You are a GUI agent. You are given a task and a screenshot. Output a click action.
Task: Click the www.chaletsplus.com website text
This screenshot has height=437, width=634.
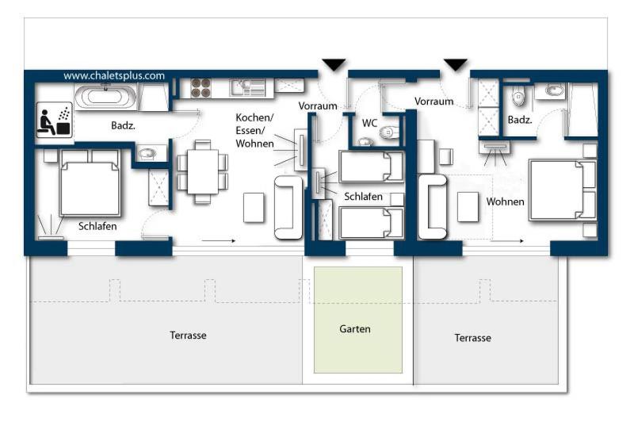click(x=114, y=75)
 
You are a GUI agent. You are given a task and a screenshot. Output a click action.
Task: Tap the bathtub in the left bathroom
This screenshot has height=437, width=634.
click(x=106, y=97)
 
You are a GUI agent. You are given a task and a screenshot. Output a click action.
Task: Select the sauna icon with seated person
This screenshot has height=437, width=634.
click(x=54, y=120)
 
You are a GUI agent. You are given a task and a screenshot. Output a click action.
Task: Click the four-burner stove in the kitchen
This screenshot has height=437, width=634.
click(x=201, y=88)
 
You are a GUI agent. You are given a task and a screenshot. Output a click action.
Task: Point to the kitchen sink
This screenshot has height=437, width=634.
click(x=248, y=87)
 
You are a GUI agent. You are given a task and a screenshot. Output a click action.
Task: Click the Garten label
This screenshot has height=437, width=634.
click(x=355, y=329)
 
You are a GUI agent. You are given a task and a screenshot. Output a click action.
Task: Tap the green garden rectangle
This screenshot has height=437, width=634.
click(x=358, y=320)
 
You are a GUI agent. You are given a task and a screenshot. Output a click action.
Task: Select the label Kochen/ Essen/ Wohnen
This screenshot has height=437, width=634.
click(x=254, y=131)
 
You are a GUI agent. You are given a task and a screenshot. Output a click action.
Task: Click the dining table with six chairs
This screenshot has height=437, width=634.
click(x=203, y=171)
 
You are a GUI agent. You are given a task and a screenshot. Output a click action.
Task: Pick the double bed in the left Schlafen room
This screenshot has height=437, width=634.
click(x=90, y=183)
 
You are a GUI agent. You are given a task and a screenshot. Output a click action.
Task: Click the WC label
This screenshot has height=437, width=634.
click(x=369, y=123)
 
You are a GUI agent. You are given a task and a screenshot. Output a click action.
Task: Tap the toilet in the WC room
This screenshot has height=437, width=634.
click(x=389, y=132)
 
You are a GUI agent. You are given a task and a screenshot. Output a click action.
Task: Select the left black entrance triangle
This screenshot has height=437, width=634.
click(x=334, y=64)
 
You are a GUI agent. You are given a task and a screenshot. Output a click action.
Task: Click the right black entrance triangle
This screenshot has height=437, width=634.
click(x=456, y=64)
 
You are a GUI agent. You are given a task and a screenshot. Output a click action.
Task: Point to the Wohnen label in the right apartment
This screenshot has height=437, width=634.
click(x=505, y=201)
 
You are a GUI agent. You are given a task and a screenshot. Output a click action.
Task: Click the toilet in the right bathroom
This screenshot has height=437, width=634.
click(x=518, y=96)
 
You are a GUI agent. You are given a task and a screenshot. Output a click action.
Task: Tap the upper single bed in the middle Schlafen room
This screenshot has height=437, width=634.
click(x=371, y=167)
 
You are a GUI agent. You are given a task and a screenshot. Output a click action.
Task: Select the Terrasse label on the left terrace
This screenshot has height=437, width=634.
click(x=188, y=335)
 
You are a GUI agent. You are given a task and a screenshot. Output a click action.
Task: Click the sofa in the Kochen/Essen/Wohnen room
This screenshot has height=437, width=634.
click(x=288, y=208)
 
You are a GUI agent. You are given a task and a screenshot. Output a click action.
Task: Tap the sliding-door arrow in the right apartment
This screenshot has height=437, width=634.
click(x=507, y=241)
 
